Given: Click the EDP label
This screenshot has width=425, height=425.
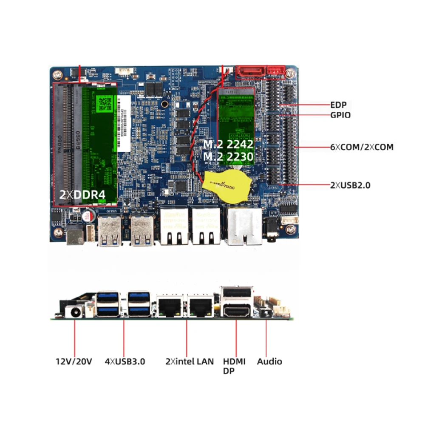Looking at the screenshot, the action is tap(338, 105).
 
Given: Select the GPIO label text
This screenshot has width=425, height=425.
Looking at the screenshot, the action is tap(340, 115).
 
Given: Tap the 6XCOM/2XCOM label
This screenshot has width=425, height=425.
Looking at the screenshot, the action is tap(362, 147).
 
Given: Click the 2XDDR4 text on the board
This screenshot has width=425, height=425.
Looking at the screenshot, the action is tap(82, 195).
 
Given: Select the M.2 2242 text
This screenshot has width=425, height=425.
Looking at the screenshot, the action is tap(228, 144).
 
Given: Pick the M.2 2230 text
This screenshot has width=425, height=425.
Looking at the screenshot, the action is tap(228, 157).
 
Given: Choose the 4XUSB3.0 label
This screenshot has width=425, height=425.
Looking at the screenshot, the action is tap(125, 362).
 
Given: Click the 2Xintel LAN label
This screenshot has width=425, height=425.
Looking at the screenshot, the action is tap(190, 362).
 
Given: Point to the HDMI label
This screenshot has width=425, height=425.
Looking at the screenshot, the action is tap(234, 362).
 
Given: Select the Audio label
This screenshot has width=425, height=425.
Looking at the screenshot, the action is tap(269, 362).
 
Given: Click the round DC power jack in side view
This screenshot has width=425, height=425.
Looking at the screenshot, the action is tap(75, 312).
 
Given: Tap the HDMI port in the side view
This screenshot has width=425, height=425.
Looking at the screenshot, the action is tap(237, 312).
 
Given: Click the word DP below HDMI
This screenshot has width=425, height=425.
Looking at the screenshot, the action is tap(229, 371).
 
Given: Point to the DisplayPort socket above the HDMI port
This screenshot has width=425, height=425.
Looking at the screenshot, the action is tap(236, 294).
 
